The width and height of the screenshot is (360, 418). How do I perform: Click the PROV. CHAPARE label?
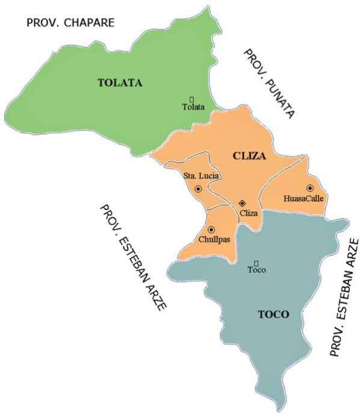click(x=70, y=23)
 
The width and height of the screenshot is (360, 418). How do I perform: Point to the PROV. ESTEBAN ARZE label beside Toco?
click(x=344, y=297)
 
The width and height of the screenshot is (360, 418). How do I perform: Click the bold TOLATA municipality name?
click(x=120, y=83)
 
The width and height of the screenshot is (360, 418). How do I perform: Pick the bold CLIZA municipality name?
click(x=249, y=155)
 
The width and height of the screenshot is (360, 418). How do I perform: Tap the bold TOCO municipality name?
click(x=273, y=314)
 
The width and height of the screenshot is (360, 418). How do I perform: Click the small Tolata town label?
click(x=193, y=107)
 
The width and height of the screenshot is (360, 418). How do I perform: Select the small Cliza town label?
click(x=248, y=213)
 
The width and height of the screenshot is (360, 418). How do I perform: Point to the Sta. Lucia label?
click(x=201, y=176)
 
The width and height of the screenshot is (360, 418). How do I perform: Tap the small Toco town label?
click(x=256, y=270)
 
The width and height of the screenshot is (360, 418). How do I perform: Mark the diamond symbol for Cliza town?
click(x=242, y=204)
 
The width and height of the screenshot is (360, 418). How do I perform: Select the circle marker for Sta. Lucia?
click(x=198, y=189)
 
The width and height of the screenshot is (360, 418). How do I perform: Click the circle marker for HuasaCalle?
click(x=310, y=188)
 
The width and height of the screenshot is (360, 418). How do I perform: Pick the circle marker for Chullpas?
click(x=211, y=229)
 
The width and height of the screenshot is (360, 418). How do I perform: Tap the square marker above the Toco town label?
click(x=256, y=262)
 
